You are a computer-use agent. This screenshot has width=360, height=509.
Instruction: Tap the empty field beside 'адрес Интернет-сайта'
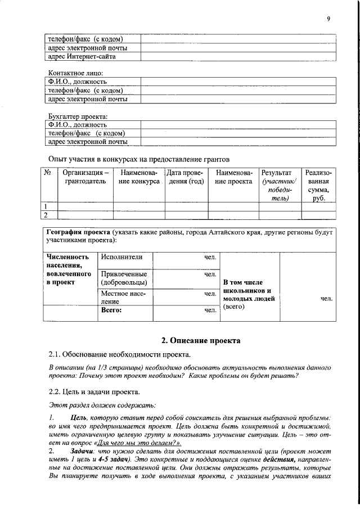tap(237, 57)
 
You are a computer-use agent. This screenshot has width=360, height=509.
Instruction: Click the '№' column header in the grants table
tap(48, 172)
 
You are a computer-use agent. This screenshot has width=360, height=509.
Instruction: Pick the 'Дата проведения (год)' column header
tap(184, 177)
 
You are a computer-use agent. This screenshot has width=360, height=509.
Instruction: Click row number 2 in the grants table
tap(47, 214)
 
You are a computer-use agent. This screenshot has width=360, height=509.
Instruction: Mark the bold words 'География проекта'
tap(78, 232)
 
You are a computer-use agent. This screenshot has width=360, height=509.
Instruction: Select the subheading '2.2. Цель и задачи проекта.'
tap(94, 391)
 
